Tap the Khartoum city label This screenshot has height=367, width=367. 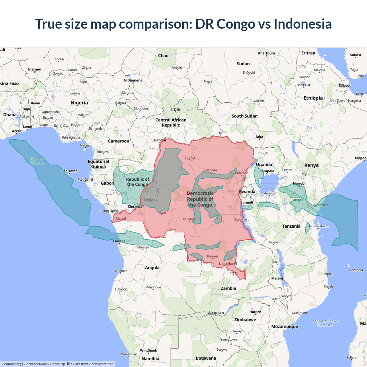(x=266, y=53)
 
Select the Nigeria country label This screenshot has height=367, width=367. (x=79, y=103)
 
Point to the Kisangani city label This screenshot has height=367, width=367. (x=210, y=170)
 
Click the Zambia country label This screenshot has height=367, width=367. (x=228, y=288)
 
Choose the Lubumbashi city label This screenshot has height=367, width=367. (x=228, y=264)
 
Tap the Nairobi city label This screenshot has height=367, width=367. (x=299, y=183)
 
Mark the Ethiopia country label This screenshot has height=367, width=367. (x=313, y=98)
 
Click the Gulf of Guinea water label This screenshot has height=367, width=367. (x=38, y=161)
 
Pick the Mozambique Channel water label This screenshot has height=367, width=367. (x=326, y=323)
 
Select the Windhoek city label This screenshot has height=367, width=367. (x=149, y=350)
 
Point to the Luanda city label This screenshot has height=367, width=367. (x=119, y=241)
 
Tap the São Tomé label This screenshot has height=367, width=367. (x=69, y=171)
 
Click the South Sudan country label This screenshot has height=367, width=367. (x=245, y=116)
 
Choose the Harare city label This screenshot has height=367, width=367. (x=255, y=312)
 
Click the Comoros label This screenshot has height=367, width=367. (x=356, y=270)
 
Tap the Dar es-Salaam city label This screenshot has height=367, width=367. (x=318, y=226)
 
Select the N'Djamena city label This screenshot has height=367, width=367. (x=133, y=80)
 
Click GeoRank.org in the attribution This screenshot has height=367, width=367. (x=11, y=364)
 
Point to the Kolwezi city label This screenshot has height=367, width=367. (x=212, y=256)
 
